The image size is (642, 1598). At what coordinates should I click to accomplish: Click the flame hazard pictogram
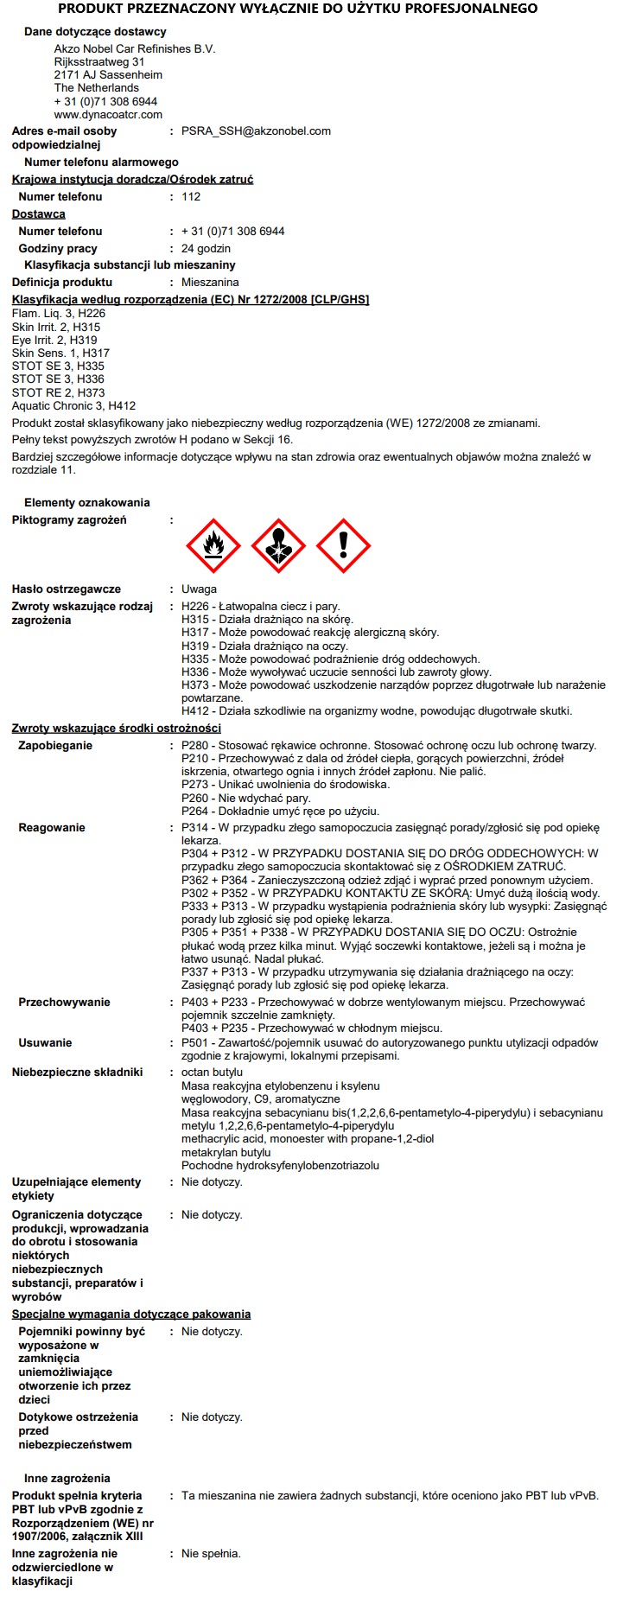tap(213, 546)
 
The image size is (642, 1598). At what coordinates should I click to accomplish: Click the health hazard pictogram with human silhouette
tap(278, 546)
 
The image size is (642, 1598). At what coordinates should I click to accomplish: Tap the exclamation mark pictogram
tap(343, 546)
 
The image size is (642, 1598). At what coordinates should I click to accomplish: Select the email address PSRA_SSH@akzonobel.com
tap(256, 131)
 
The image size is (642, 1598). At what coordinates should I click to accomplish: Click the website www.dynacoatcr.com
tap(108, 114)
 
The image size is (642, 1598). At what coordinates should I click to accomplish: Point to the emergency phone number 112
tap(191, 197)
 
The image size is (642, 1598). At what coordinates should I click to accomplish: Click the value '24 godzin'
tap(206, 249)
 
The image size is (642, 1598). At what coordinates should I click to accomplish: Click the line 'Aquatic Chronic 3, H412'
tap(73, 405)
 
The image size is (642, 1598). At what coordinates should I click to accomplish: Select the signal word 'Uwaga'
tap(199, 589)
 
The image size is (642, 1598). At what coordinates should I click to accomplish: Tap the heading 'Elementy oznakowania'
tap(87, 503)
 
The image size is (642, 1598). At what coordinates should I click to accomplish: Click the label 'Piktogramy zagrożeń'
tap(69, 520)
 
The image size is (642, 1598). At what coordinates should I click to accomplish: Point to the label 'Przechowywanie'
tap(64, 1003)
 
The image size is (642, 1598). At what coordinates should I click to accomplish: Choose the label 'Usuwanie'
tap(45, 1043)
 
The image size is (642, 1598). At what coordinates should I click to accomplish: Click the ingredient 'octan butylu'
tap(212, 1073)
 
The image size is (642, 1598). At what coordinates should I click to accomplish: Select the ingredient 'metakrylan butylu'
tap(226, 1152)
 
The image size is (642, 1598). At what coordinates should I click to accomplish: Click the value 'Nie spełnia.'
tap(211, 1554)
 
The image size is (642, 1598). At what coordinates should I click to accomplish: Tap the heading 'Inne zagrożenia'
tap(67, 1479)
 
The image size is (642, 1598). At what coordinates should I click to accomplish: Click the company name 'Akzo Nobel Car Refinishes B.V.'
tap(135, 49)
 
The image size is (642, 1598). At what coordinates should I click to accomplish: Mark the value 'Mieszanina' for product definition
tap(210, 283)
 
